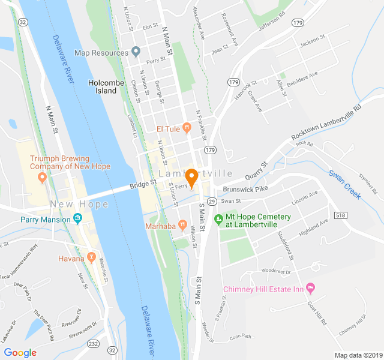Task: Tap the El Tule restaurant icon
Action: coord(187,127)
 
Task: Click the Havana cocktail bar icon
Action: coord(91,258)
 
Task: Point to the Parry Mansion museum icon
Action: coord(77,220)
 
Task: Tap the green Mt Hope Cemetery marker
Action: coord(218,217)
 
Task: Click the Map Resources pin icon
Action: coord(136,52)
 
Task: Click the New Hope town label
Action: coord(80,204)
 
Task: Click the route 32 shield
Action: coord(23,22)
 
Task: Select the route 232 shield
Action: coord(93,344)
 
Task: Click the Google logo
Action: coord(20,352)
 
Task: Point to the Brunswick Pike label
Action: coord(244,188)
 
